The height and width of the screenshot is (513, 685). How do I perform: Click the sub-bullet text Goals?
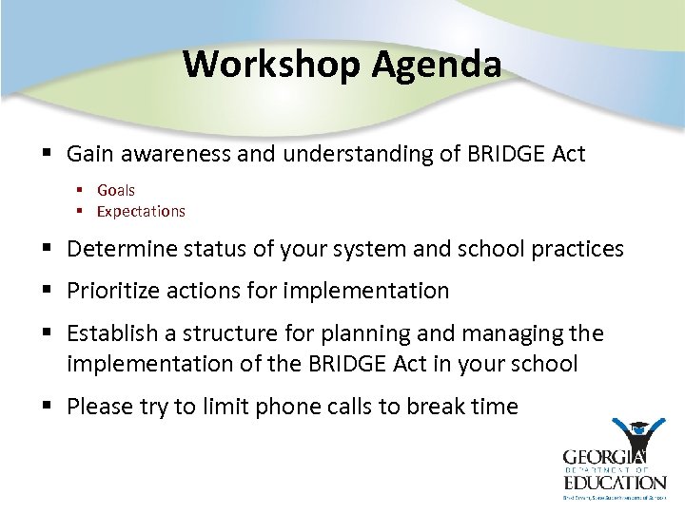(x=116, y=190)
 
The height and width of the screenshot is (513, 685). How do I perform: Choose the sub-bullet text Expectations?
(x=141, y=211)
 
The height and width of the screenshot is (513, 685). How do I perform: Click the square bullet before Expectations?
(x=82, y=211)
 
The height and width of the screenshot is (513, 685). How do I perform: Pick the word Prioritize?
(x=116, y=291)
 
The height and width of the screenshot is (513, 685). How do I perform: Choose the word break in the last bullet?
(x=439, y=407)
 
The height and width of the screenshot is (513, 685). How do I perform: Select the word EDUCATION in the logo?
(x=614, y=482)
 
